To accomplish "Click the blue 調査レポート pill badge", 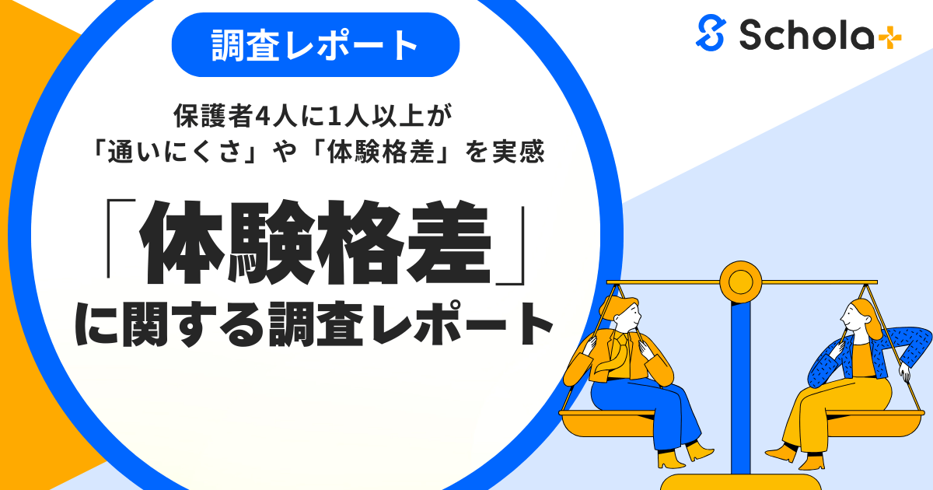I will (x=315, y=45).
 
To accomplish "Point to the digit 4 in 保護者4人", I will (x=258, y=117).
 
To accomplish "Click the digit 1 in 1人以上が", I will (x=335, y=117).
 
